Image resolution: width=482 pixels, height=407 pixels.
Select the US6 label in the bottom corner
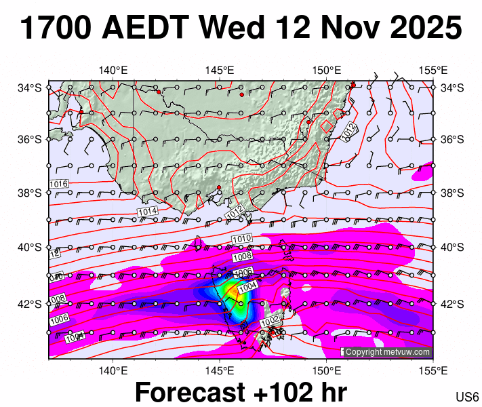[x=468, y=397]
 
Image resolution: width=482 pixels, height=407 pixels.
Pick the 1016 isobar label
[x=59, y=184]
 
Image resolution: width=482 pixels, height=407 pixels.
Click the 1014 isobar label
[x=148, y=212]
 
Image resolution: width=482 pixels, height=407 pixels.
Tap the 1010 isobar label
[x=241, y=239]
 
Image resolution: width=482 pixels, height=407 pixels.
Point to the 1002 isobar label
[x=270, y=319]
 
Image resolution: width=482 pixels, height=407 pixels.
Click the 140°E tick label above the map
[x=113, y=70]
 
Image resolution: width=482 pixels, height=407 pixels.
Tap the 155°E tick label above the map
[x=433, y=70]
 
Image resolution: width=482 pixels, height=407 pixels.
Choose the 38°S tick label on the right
[x=452, y=193]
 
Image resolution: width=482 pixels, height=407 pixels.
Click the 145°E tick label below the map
[x=220, y=370]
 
